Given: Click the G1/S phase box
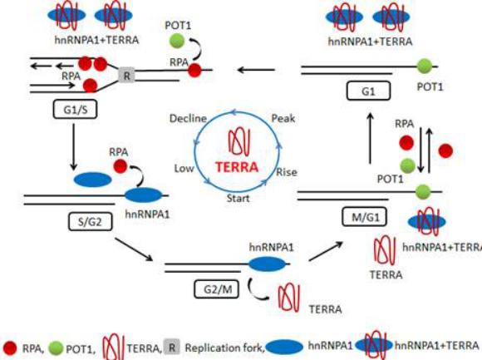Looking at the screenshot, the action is click(76, 109).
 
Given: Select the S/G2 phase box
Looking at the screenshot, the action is click(90, 222).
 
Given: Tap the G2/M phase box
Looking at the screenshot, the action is click(217, 289).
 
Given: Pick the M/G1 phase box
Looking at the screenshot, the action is click(365, 217).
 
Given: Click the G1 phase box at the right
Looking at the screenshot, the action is click(368, 91).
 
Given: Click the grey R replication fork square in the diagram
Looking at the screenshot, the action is click(126, 76).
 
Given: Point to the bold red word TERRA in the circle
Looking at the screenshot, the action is click(237, 167).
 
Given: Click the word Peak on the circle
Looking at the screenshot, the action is click(283, 119).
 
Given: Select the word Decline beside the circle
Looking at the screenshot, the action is click(188, 119).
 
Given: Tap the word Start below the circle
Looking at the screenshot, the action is click(239, 199).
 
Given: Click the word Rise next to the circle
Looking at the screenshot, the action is click(287, 172).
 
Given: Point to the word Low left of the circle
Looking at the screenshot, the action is click(184, 169).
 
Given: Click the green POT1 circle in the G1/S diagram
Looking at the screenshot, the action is click(177, 41).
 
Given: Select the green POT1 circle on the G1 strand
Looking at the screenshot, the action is click(424, 66).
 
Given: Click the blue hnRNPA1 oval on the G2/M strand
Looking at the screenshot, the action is click(267, 264).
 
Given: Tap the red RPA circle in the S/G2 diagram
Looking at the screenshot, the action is click(120, 166).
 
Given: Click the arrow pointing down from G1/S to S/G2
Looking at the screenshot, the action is click(73, 147).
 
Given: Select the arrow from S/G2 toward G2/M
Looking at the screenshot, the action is click(134, 249).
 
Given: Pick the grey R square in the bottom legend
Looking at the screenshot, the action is click(171, 348).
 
